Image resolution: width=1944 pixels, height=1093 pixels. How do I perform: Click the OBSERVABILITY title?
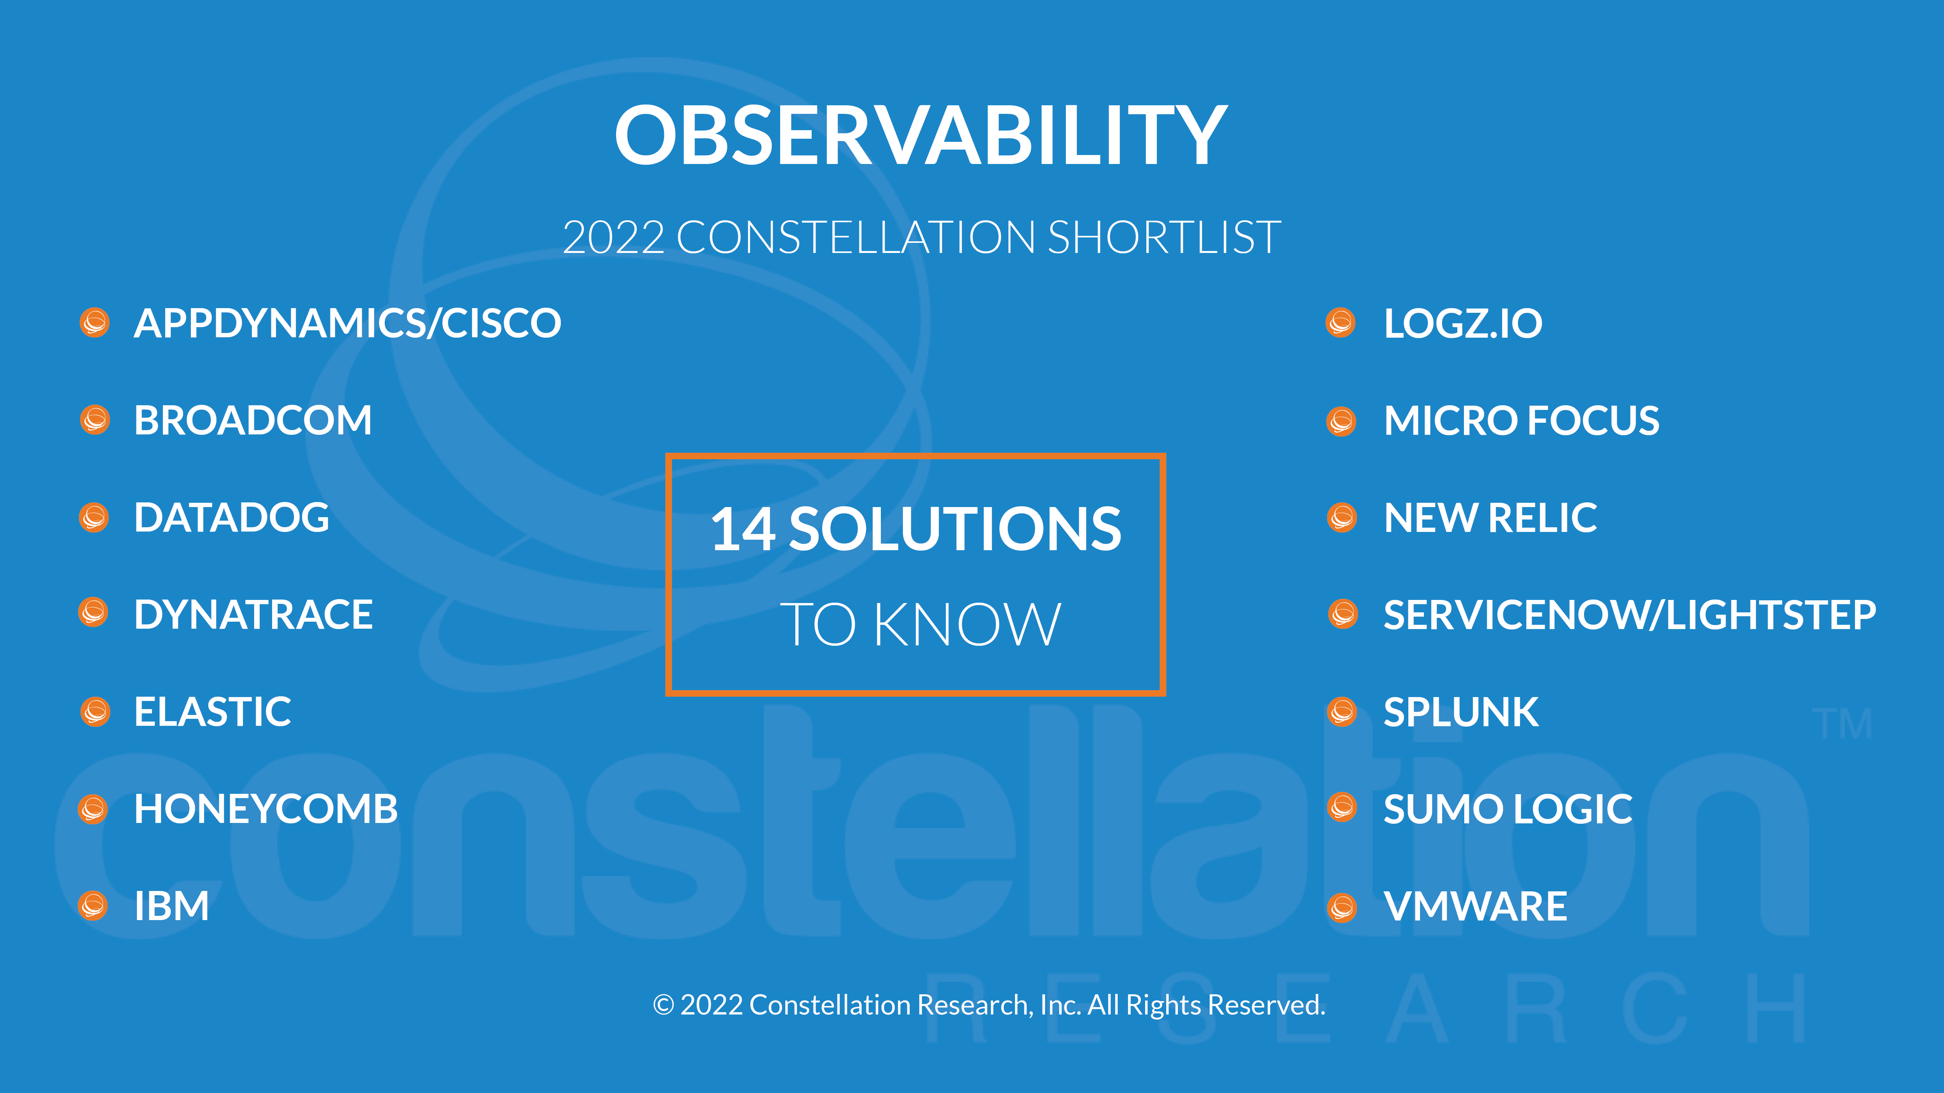(x=920, y=136)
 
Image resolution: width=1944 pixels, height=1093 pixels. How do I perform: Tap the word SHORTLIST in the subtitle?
(x=1165, y=238)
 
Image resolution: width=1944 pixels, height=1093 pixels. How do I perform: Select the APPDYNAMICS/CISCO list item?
(x=347, y=324)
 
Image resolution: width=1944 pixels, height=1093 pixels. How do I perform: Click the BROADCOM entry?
(x=253, y=420)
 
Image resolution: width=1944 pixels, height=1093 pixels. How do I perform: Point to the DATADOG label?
(x=232, y=518)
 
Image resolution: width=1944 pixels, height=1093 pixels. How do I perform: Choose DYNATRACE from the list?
(x=253, y=615)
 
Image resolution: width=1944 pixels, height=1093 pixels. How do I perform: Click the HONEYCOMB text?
(x=265, y=809)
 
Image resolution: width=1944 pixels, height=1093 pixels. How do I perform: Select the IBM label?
(x=171, y=906)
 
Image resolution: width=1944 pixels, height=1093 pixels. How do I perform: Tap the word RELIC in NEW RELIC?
(x=1542, y=518)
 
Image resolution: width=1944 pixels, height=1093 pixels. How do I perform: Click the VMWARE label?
(x=1475, y=906)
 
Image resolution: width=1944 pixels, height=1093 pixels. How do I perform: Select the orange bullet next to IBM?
(x=93, y=906)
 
